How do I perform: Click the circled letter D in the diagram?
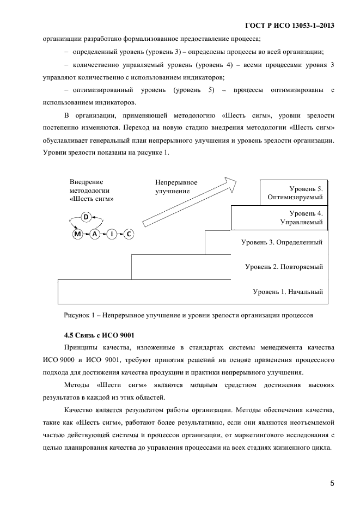[x=86, y=217]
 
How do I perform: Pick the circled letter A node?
[x=94, y=234]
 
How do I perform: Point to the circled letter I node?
[x=112, y=234]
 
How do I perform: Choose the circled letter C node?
[x=129, y=234]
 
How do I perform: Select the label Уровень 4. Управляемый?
[x=301, y=218]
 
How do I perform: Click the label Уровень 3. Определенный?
[x=282, y=242]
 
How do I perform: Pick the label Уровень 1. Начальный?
[x=288, y=292]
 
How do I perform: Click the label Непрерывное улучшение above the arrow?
[x=176, y=187]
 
